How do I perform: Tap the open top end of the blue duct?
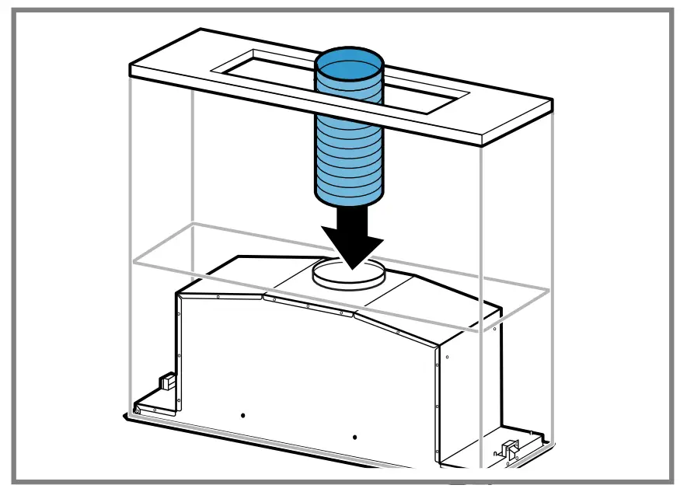(349, 69)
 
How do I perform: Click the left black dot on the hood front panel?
(242, 415)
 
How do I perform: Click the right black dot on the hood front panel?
(354, 438)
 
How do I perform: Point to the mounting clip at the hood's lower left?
(166, 382)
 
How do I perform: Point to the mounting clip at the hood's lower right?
(510, 448)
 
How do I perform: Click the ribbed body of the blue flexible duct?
(349, 148)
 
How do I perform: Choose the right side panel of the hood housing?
(466, 389)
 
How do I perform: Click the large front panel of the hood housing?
(311, 373)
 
